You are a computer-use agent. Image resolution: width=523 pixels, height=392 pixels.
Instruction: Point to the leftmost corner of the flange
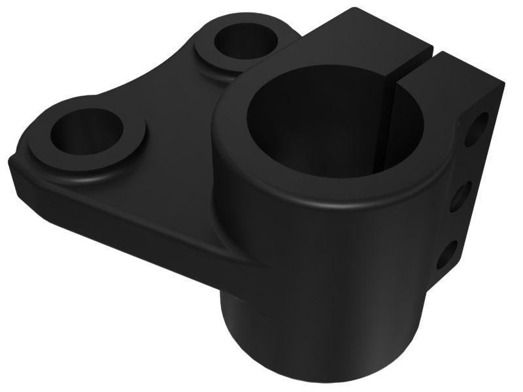12,163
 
